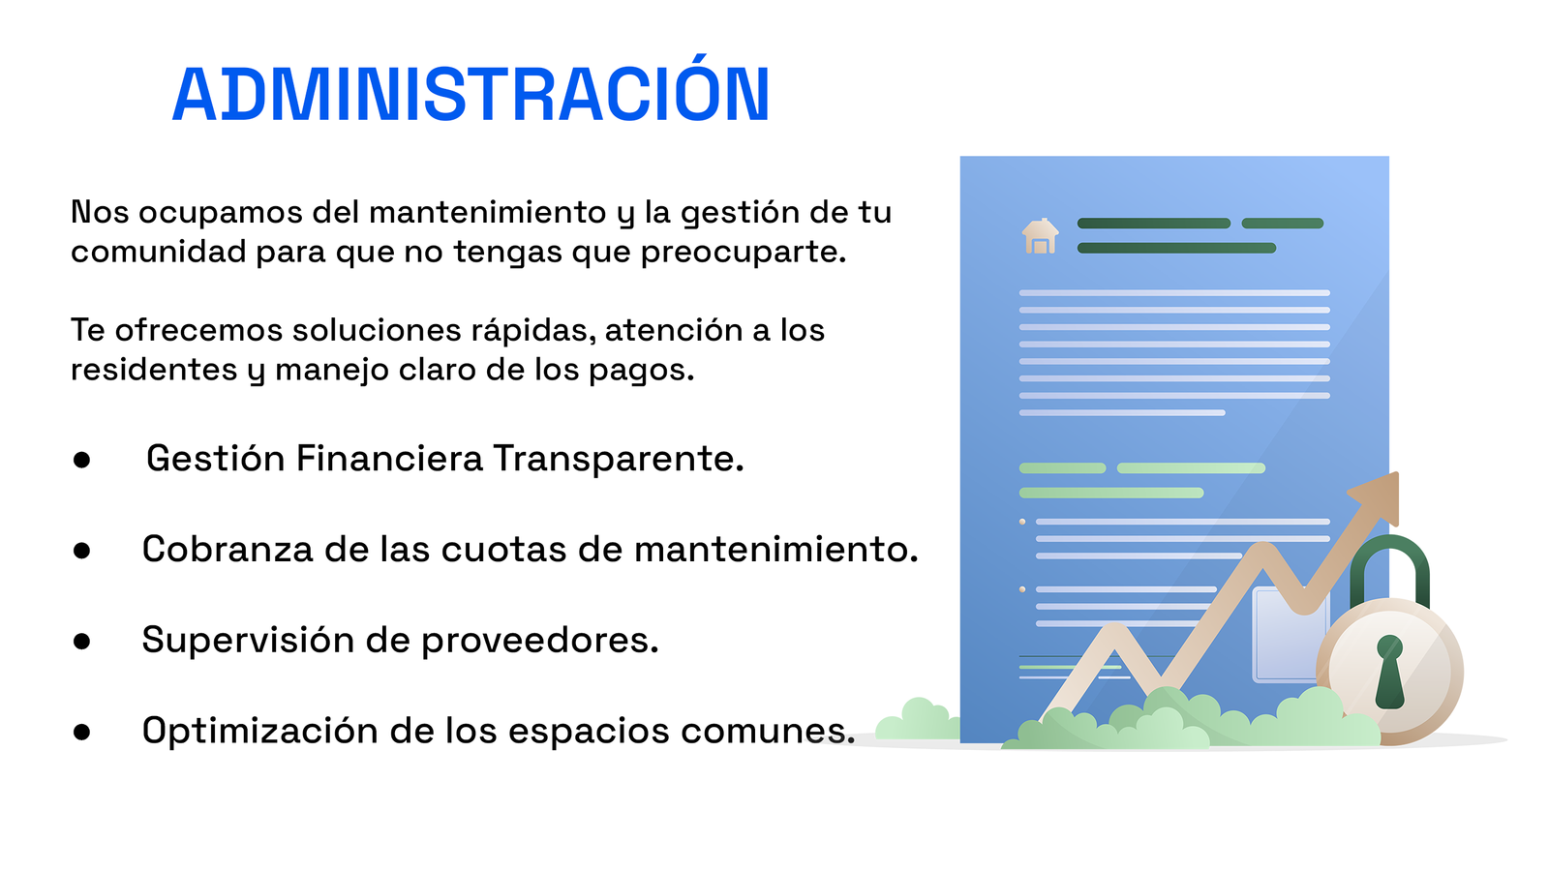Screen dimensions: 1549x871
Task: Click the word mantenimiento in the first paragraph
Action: pyautogui.click(x=488, y=212)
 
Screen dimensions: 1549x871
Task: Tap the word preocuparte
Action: pyautogui.click(x=744, y=254)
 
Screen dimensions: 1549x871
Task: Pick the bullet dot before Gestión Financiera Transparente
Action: pyautogui.click(x=81, y=461)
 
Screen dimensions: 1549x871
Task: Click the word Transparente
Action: pyautogui.click(x=619, y=459)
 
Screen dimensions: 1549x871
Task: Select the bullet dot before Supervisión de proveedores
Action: pyautogui.click(x=81, y=642)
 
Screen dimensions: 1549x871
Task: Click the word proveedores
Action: pyautogui.click(x=540, y=641)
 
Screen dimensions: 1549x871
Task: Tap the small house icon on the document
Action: pyautogui.click(x=1040, y=236)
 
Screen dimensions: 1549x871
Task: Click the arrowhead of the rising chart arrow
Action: pyautogui.click(x=1376, y=497)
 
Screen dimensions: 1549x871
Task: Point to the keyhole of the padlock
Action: pyautogui.click(x=1389, y=672)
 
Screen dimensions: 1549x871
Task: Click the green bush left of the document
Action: pyautogui.click(x=918, y=720)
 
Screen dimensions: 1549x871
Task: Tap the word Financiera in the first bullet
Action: pyautogui.click(x=389, y=459)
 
